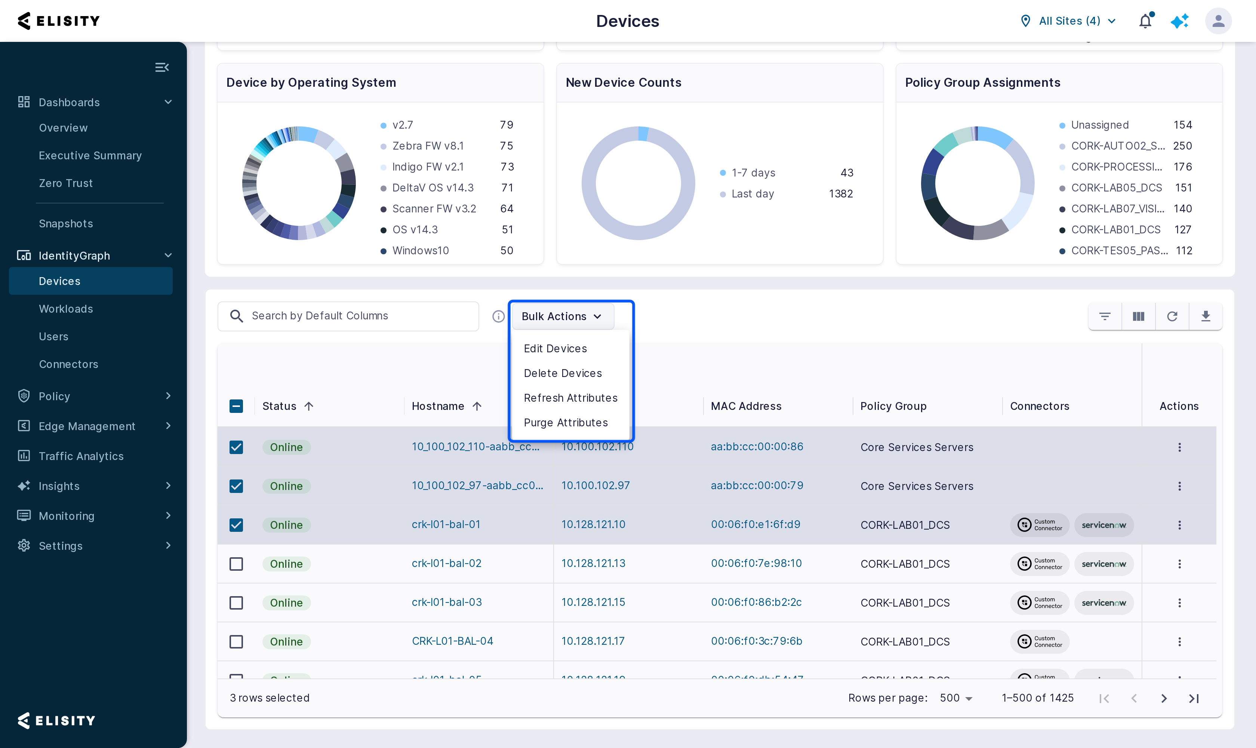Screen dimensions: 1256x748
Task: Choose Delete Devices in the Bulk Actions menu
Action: point(563,373)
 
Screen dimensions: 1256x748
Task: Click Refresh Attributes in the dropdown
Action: point(571,398)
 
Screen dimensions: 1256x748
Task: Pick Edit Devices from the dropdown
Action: point(555,348)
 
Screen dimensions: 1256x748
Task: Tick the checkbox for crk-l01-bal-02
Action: point(236,564)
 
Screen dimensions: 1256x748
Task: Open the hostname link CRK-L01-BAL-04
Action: point(452,641)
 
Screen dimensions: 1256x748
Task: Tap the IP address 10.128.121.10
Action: point(593,524)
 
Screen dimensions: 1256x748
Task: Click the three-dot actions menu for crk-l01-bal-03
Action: point(1179,603)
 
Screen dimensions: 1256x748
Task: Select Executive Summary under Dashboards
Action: point(90,156)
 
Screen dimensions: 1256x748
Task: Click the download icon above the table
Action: point(1206,316)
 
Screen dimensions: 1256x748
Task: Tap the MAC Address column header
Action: point(746,406)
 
